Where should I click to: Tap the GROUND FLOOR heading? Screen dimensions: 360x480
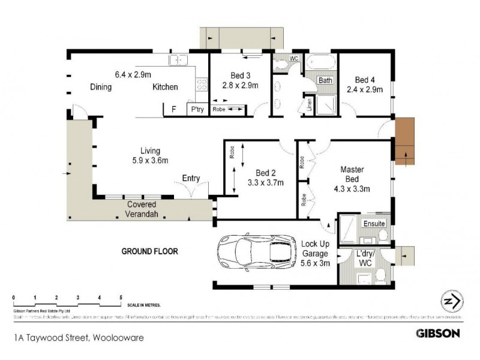pyautogui.click(x=150, y=251)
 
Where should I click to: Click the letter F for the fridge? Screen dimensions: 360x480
pyautogui.click(x=173, y=110)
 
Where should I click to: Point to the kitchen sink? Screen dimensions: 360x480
pyautogui.click(x=178, y=59)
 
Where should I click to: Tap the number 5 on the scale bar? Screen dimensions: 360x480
pyautogui.click(x=121, y=298)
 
